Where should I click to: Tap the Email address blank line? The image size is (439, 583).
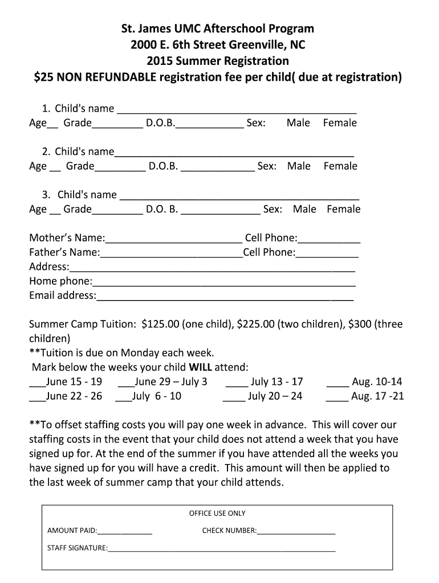click(x=225, y=297)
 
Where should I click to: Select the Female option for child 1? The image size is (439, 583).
click(x=340, y=123)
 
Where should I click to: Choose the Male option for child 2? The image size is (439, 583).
click(x=299, y=166)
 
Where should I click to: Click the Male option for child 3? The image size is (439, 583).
click(x=304, y=210)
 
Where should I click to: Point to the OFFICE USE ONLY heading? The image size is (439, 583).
click(x=217, y=514)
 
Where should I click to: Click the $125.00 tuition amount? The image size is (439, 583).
click(x=160, y=325)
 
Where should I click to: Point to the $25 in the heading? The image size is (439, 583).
click(x=43, y=77)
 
